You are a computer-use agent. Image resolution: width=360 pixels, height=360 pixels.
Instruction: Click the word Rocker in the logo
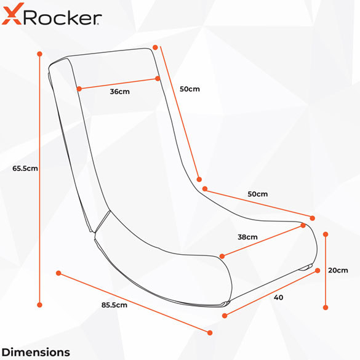[x=62, y=17]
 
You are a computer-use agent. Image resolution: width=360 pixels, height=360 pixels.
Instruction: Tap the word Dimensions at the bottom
[x=36, y=352]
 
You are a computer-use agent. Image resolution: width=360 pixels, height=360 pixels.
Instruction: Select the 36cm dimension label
[x=119, y=92]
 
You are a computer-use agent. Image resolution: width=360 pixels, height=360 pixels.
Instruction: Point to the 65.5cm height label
[x=25, y=169]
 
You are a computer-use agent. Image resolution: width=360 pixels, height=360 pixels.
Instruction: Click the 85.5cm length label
[x=114, y=305]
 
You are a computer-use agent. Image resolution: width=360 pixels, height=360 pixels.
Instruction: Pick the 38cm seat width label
[x=247, y=237]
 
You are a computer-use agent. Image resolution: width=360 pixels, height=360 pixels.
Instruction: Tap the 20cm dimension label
[x=338, y=270]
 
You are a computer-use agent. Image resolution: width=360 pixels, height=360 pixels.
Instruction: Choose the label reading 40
[x=279, y=297]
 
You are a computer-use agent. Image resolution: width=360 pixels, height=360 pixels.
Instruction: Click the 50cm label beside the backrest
[x=190, y=89]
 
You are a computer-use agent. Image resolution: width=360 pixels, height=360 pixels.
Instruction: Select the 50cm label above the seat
[x=258, y=194]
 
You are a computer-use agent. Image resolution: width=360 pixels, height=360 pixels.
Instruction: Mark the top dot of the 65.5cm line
[x=40, y=54]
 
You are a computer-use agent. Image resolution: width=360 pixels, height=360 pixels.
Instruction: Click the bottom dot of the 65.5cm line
[x=40, y=305]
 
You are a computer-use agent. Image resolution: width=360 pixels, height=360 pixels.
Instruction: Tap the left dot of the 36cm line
[x=79, y=89]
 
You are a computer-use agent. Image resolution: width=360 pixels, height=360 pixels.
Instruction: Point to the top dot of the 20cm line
[x=326, y=234]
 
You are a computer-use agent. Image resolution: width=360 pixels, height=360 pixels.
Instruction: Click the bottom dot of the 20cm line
[x=326, y=308]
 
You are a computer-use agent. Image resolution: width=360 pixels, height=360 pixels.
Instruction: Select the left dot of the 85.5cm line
[x=58, y=273]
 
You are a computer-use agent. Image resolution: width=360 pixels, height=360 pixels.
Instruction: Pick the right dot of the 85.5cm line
[x=210, y=333]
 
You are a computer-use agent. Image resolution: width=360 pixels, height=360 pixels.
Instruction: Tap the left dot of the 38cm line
[x=222, y=256]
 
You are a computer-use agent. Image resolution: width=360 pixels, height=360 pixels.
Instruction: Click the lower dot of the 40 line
[x=225, y=316]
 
